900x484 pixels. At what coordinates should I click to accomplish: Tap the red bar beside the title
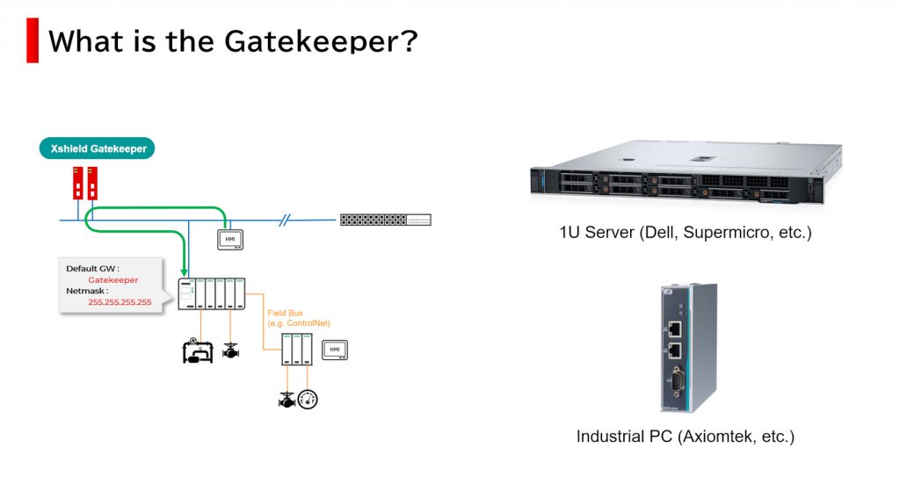(x=33, y=40)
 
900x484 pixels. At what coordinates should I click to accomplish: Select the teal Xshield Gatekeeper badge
(x=97, y=148)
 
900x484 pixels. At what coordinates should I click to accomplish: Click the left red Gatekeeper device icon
(x=77, y=184)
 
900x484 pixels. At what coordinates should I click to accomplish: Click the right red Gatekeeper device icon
(x=91, y=184)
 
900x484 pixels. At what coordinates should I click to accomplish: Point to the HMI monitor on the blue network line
(x=229, y=239)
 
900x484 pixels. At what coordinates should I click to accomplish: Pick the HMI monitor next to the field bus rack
(x=334, y=349)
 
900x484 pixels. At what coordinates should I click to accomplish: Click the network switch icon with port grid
(x=386, y=220)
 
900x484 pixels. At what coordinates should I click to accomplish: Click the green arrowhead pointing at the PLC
(x=185, y=271)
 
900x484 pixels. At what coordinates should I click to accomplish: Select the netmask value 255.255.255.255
(x=120, y=302)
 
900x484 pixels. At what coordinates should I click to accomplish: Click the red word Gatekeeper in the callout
(x=112, y=280)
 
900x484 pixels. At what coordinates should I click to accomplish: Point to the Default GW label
(x=92, y=269)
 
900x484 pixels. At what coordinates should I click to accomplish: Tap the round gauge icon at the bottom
(x=307, y=399)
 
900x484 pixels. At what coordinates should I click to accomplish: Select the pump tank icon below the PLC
(x=196, y=350)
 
